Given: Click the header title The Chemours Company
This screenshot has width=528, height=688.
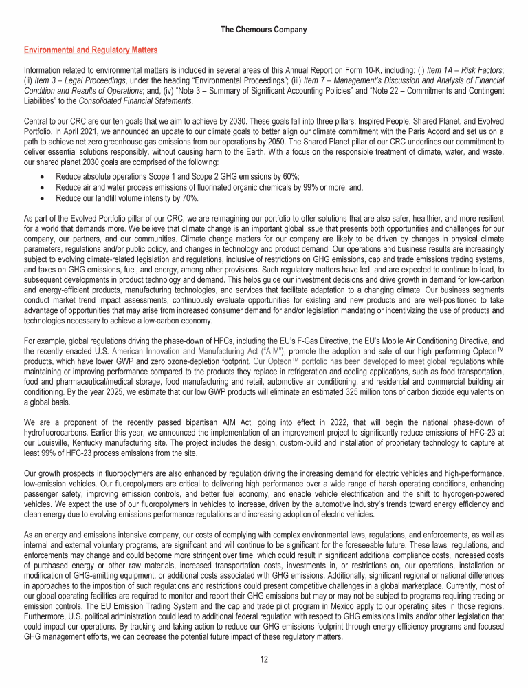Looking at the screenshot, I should pos(264,30).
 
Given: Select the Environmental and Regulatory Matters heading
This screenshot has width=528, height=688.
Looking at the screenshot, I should pos(91,50).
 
